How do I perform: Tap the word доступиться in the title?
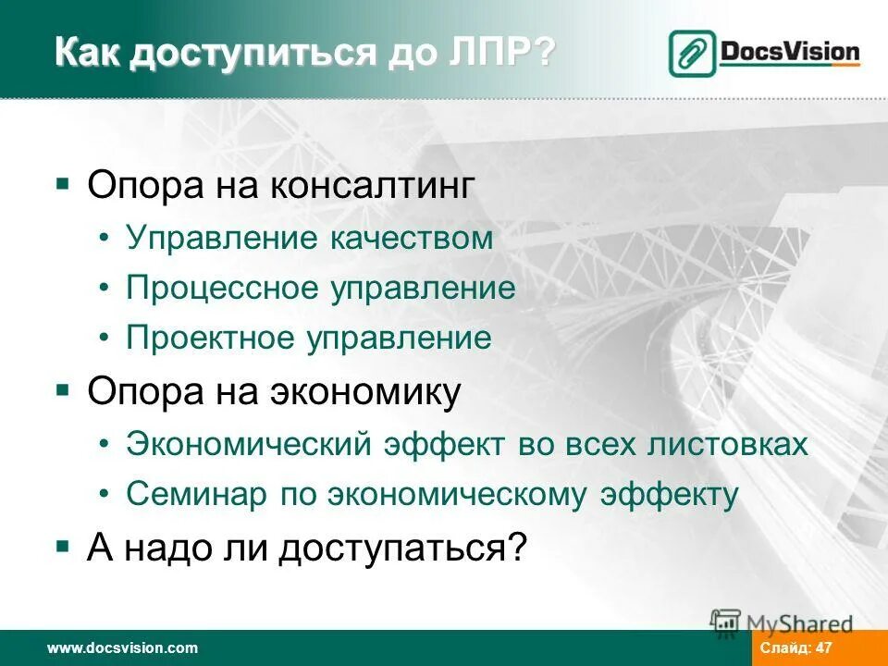click(252, 53)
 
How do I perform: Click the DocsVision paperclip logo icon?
click(691, 54)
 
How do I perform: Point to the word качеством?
click(410, 238)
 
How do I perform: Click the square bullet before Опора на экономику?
click(63, 390)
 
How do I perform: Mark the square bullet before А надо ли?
click(63, 547)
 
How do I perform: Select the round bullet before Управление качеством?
click(106, 239)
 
